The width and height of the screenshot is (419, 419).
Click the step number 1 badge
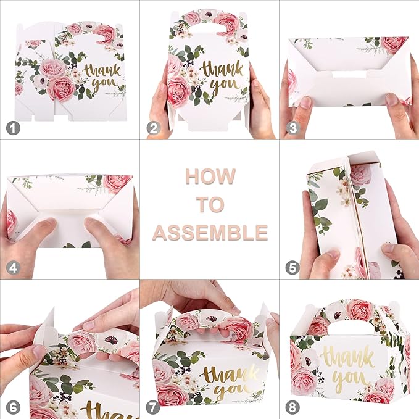[11, 128]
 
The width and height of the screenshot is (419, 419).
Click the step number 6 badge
[11, 407]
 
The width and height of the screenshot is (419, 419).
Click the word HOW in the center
[210, 176]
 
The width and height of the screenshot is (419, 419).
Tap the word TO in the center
[210, 204]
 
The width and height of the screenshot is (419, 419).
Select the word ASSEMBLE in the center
[210, 233]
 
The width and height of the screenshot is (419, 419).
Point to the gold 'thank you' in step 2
[222, 77]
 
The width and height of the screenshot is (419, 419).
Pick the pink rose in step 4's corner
[117, 183]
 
